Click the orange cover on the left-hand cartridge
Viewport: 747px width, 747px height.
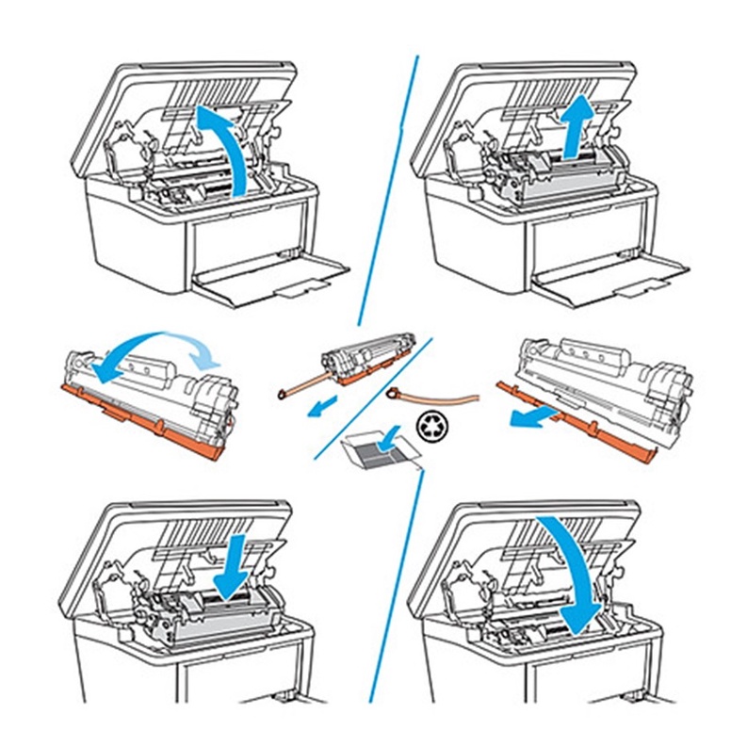point(141,419)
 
